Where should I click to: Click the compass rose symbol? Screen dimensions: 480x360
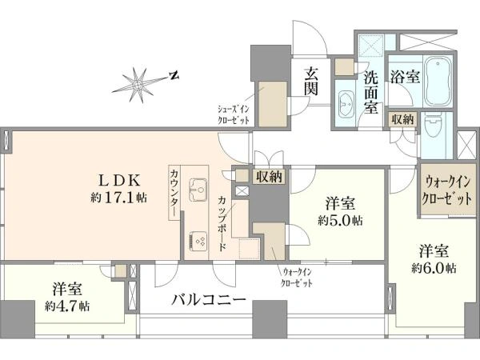pos(138,85)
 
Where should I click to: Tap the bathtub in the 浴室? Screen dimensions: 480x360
pos(438,81)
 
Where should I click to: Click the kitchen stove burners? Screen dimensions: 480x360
pos(198,241)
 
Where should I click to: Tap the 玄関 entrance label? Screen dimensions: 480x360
pos(310,82)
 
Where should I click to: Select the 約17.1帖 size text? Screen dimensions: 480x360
pos(118,198)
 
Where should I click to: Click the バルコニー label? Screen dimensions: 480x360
pos(209,299)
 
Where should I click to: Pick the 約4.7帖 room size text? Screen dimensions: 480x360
pos(67,306)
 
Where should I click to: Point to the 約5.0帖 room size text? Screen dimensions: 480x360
pos(340,220)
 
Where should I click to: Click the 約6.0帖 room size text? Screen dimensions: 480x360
pos(434,268)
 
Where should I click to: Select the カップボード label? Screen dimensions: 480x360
pos(223,223)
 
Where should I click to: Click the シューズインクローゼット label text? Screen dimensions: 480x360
pos(234,114)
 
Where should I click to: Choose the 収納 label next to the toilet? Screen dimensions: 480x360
pos(403,119)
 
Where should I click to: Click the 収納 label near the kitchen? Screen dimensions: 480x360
pos(269,177)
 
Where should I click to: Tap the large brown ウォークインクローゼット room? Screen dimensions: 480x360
pos(446,190)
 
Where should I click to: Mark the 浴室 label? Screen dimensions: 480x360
pos(405,76)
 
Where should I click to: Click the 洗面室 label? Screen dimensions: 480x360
pos(371,93)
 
